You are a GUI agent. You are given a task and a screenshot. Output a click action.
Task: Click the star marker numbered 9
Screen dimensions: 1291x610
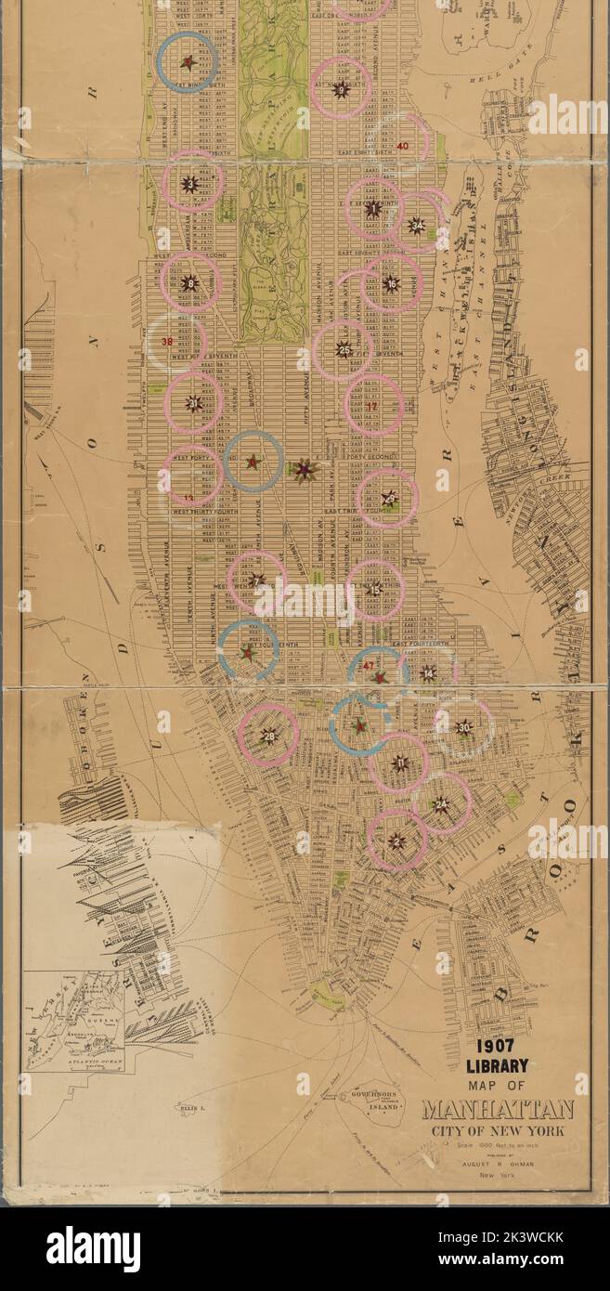pos(341,89)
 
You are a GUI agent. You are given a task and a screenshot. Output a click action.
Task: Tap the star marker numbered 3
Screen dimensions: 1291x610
pos(190,184)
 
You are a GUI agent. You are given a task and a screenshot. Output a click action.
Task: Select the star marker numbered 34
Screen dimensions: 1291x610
pos(417,225)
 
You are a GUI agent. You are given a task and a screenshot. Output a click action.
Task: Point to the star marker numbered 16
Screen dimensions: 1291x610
pos(391,284)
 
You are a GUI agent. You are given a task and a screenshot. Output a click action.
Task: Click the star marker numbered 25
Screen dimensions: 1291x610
pos(344,350)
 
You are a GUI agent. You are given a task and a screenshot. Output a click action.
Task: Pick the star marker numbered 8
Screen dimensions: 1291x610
pos(190,283)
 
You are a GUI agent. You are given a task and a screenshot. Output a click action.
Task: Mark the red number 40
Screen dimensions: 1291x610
pos(402,146)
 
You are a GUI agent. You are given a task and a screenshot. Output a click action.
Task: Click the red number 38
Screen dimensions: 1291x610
pos(168,342)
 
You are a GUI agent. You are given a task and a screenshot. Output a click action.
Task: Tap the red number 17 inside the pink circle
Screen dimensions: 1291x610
pos(372,406)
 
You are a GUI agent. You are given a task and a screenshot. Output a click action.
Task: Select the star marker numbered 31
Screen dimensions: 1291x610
pos(194,403)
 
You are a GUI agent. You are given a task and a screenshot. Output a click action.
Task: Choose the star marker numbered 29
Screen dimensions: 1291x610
pos(389,499)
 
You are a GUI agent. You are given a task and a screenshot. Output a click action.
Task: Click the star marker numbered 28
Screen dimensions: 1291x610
pos(269,737)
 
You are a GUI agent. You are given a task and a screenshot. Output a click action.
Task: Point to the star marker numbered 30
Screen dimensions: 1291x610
pos(464,727)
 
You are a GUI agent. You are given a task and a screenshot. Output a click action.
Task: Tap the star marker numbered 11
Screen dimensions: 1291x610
pos(400,763)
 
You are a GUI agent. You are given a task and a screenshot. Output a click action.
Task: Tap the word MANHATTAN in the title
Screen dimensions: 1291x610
pos(498,1110)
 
